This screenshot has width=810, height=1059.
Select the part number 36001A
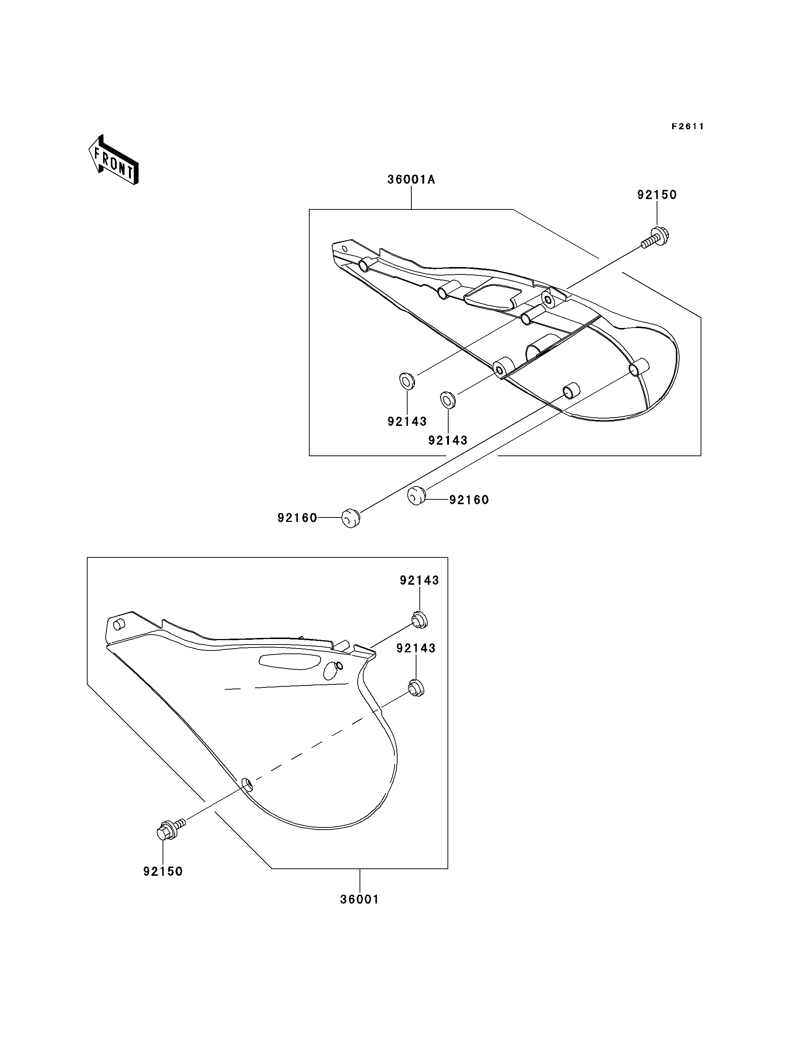411,180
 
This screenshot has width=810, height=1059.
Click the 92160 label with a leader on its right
297,518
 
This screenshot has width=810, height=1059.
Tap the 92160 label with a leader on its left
469,500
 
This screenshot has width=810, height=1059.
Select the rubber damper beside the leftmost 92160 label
351,518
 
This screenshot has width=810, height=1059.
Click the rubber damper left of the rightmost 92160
416,496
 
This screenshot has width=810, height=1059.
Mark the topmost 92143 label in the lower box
419,580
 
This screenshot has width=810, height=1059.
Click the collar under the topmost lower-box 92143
419,619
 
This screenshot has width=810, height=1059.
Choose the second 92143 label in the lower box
416,648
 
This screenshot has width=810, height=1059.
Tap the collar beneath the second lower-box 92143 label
416,687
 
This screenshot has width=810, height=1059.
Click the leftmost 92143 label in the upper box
407,421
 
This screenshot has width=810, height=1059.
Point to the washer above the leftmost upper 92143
407,381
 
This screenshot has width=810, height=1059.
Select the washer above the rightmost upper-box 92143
448,399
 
